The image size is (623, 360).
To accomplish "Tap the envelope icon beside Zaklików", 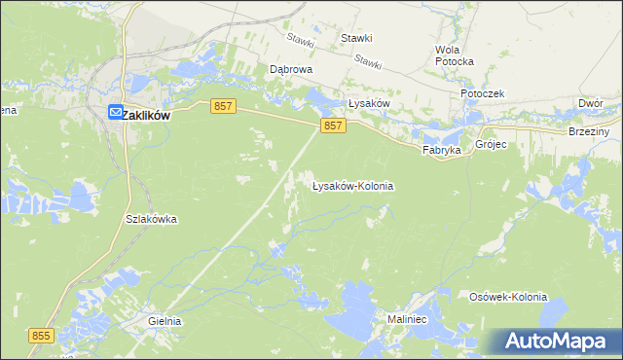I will click(x=115, y=114).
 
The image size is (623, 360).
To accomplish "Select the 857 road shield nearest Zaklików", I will click(x=221, y=106).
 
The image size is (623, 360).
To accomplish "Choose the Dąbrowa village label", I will click(x=290, y=70).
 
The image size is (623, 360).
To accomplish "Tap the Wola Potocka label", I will click(x=455, y=55).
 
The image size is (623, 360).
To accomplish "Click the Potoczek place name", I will click(x=482, y=93).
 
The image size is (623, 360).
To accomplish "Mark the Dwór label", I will click(x=590, y=102).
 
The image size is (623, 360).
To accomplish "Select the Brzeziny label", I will click(x=589, y=131).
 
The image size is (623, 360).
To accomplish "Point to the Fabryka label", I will click(x=440, y=151).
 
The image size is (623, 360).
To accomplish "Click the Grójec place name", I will click(x=491, y=143).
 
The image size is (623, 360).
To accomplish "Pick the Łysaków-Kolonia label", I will click(x=352, y=185).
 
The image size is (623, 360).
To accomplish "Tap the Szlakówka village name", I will click(x=151, y=219).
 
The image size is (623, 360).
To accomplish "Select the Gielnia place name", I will click(x=165, y=320).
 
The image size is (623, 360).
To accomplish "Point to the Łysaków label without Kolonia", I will click(x=369, y=103).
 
